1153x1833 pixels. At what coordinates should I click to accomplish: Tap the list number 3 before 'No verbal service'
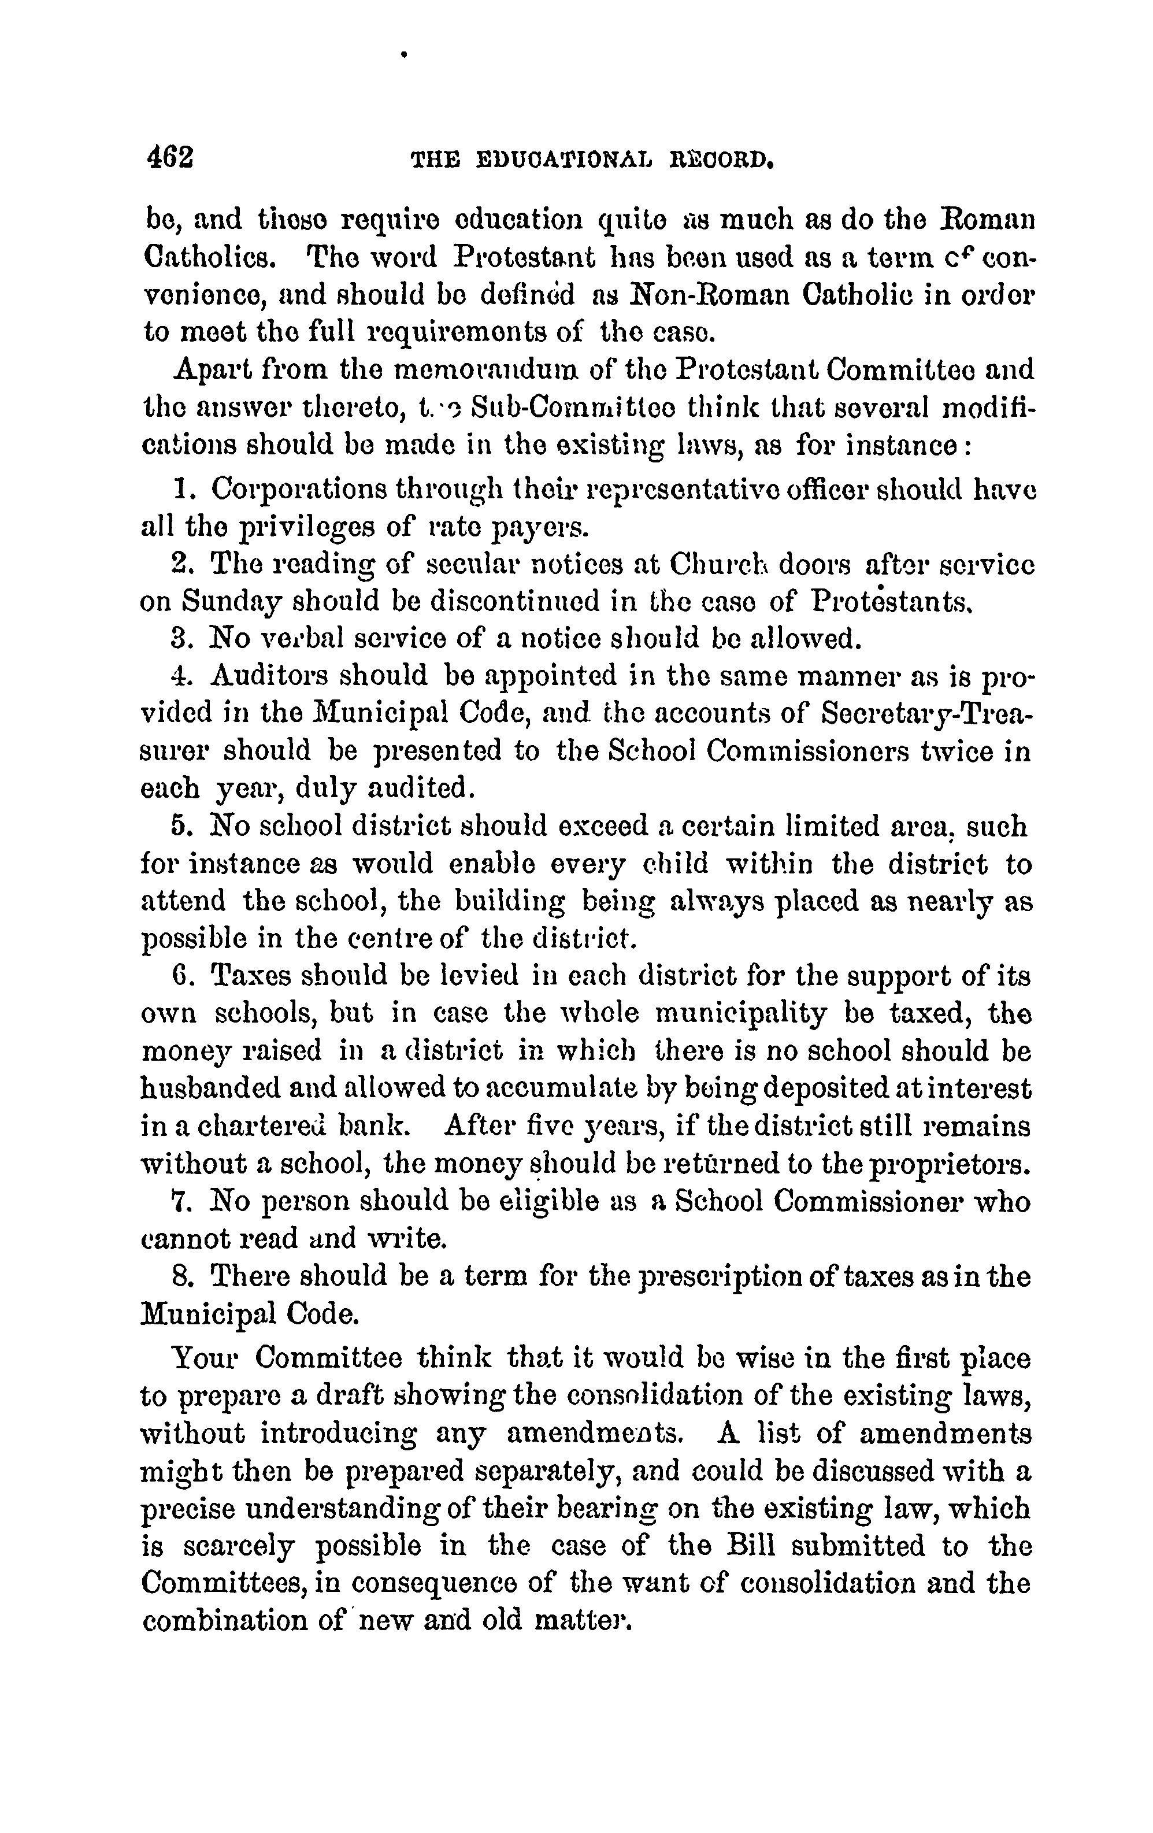tap(179, 638)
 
